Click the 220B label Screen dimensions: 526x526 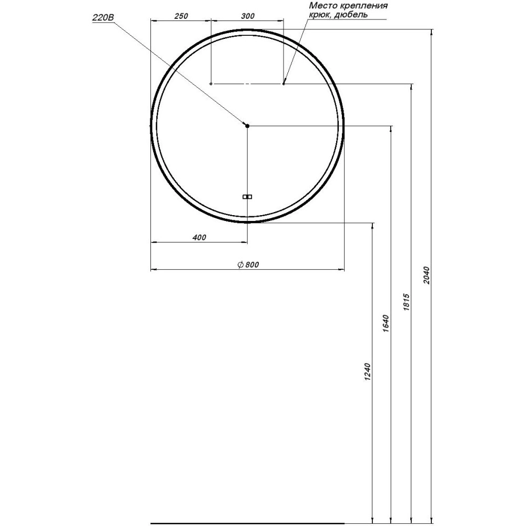pyautogui.click(x=103, y=18)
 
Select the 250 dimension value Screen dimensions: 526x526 pyautogui.click(x=181, y=16)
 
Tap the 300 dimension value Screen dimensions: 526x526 pyautogui.click(x=248, y=16)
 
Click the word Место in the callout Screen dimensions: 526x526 pyautogui.click(x=323, y=6)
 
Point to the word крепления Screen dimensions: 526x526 pyautogui.click(x=363, y=6)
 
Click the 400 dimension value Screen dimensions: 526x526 pyautogui.click(x=199, y=238)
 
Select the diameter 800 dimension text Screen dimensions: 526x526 pyautogui.click(x=248, y=265)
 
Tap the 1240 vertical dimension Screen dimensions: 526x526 pyautogui.click(x=367, y=372)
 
